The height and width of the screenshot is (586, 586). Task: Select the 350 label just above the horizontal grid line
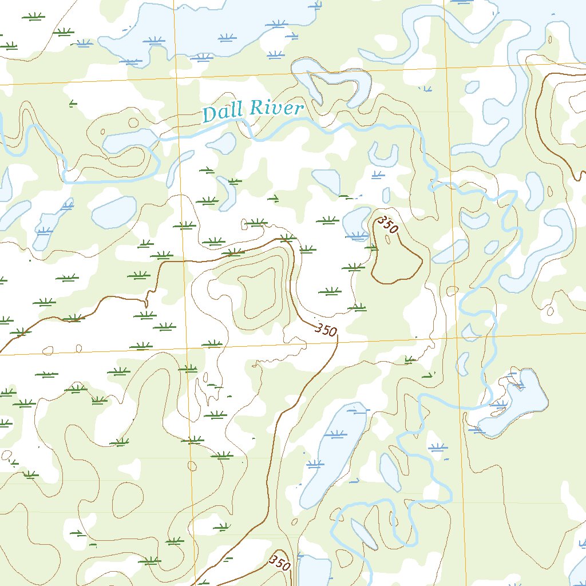(x=326, y=330)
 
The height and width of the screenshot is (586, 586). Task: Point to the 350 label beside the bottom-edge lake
(x=280, y=562)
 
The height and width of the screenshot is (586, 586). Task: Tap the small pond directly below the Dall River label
(x=221, y=142)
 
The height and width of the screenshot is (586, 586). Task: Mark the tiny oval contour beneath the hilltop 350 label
(x=389, y=240)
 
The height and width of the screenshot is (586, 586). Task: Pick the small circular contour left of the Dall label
(x=133, y=122)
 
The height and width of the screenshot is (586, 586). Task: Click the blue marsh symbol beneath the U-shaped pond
(x=378, y=174)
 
